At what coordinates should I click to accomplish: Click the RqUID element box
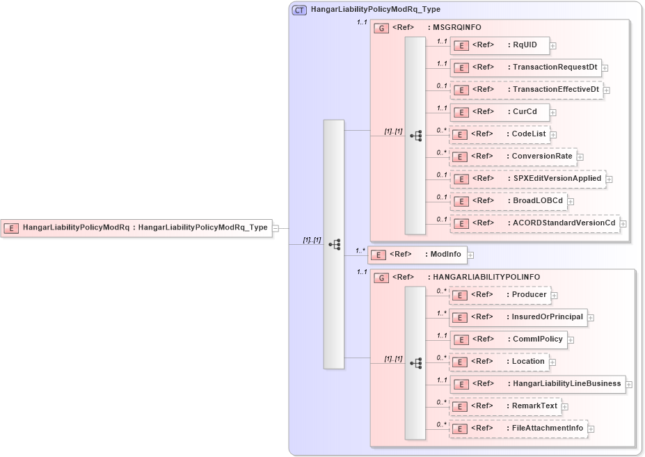(x=499, y=46)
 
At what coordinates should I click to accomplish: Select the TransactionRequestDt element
(x=525, y=67)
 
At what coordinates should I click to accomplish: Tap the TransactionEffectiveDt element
(x=526, y=90)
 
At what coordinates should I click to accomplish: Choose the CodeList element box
(x=499, y=134)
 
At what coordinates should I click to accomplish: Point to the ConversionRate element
(x=513, y=157)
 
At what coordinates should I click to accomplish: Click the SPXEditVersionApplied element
(x=527, y=179)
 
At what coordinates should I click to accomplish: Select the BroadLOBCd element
(x=507, y=201)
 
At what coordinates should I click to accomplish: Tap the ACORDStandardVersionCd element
(x=534, y=223)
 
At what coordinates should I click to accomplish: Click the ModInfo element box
(x=417, y=255)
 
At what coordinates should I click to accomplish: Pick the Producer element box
(x=499, y=295)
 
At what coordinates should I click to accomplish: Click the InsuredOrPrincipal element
(x=517, y=317)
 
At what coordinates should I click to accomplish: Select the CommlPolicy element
(x=507, y=339)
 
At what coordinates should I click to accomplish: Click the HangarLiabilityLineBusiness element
(x=536, y=383)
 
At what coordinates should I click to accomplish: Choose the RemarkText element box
(x=504, y=406)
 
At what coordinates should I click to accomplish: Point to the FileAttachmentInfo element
(x=517, y=428)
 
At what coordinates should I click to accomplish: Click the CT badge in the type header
(x=299, y=10)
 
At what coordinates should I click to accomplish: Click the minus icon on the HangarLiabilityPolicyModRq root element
(x=276, y=227)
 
